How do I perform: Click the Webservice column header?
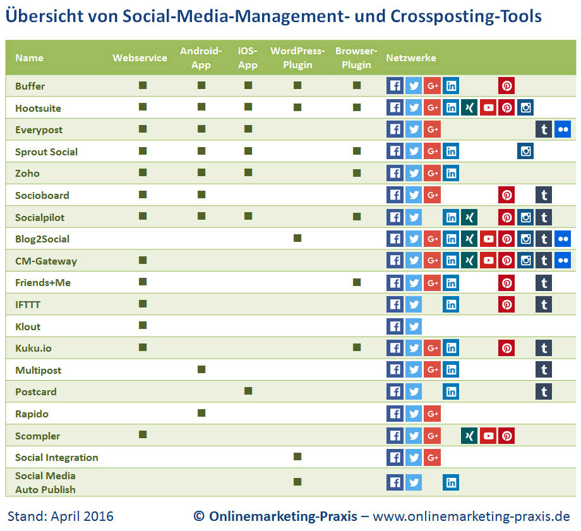coord(140,58)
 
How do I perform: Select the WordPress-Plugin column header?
coord(297,58)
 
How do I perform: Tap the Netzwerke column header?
coord(411,58)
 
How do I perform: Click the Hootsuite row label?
coord(38,108)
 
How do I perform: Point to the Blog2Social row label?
coord(42,239)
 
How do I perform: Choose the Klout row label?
coord(28,326)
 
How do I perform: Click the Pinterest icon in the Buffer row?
coord(506,86)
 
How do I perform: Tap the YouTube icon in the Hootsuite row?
coord(488,108)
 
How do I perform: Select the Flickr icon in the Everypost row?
coord(563,130)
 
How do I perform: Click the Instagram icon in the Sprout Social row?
coord(525,152)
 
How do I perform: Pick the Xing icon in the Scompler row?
coord(469,436)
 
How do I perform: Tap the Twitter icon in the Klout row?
coord(414,326)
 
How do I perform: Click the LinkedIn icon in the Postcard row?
coord(451,392)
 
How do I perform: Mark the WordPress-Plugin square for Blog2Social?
coord(297,238)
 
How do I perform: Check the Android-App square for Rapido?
coord(201,413)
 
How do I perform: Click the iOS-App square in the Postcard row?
coord(248,391)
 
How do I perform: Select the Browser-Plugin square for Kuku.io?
coord(357,347)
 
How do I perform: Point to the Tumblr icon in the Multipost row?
coord(544,370)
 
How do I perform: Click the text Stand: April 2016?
coord(61,516)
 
